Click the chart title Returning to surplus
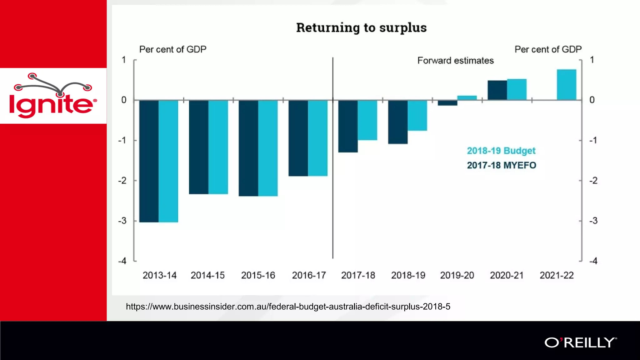(361, 27)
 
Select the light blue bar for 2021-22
(566, 85)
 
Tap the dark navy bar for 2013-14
(149, 161)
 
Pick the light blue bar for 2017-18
(367, 120)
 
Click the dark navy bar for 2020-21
(497, 90)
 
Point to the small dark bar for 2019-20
(447, 103)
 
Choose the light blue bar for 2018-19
(417, 115)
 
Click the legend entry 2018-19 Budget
(501, 151)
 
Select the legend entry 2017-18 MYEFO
(501, 165)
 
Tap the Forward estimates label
(455, 61)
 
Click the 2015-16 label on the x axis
(258, 275)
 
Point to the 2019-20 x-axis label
(457, 275)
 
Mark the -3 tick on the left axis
(122, 221)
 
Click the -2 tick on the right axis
(593, 181)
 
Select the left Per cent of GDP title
(172, 49)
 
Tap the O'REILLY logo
(580, 343)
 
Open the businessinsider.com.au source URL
(288, 307)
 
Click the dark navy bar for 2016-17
(298, 138)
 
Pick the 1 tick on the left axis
(124, 60)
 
